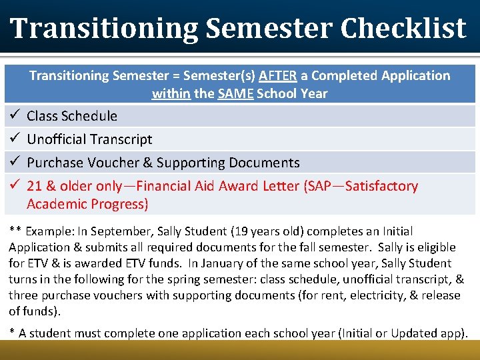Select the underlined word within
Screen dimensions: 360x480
coord(171,93)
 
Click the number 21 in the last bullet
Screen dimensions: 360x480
coord(34,186)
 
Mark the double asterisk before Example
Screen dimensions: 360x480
coord(15,231)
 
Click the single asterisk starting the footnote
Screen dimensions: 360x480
coord(12,333)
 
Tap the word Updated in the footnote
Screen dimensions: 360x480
coord(409,333)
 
